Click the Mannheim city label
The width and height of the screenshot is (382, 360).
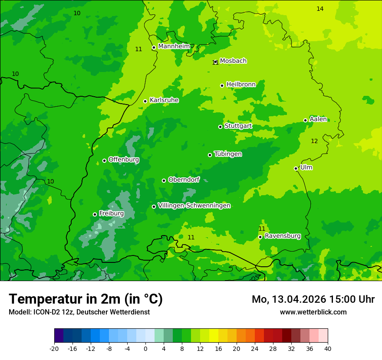(174, 46)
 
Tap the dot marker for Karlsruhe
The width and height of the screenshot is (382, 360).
(145, 101)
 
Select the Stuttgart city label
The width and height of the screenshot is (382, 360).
(238, 126)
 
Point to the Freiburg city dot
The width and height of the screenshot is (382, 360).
(95, 214)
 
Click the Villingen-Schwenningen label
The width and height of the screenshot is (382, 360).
(194, 206)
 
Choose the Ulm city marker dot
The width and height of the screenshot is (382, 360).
(296, 168)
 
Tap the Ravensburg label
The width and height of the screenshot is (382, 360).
(282, 236)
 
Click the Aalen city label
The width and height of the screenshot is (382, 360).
(318, 119)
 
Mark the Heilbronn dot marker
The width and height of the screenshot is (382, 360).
(222, 85)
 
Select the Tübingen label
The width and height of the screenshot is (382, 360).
(227, 154)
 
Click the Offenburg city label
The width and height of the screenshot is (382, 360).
(123, 160)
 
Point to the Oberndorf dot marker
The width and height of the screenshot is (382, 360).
(164, 180)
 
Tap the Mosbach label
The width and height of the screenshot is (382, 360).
(233, 61)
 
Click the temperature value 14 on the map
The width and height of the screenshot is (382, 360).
(320, 9)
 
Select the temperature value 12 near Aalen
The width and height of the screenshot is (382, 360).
(314, 141)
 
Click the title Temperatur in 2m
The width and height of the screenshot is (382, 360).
(86, 299)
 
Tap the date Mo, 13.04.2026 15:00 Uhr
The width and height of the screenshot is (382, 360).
(313, 299)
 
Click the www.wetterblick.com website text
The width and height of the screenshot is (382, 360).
(313, 312)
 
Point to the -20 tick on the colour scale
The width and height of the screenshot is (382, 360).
(54, 348)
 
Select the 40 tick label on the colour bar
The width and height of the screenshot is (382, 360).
(327, 348)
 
